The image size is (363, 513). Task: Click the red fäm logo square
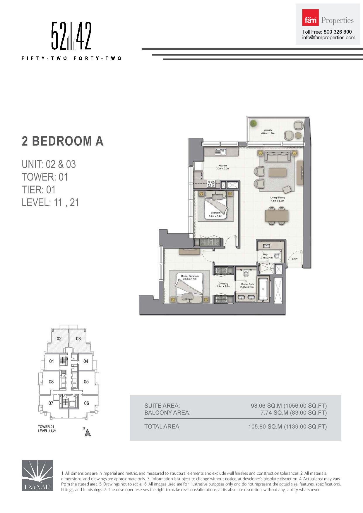click(x=310, y=18)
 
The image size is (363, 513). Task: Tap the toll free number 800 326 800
click(x=338, y=32)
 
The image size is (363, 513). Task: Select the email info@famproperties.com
click(x=329, y=37)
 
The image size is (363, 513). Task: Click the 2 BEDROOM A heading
click(x=63, y=141)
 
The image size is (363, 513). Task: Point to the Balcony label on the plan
click(x=268, y=130)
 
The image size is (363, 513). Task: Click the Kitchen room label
click(x=223, y=166)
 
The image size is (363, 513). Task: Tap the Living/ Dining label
click(x=278, y=197)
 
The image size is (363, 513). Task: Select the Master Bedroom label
click(x=190, y=276)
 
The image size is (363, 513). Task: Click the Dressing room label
click(x=223, y=283)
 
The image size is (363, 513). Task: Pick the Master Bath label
click(x=247, y=284)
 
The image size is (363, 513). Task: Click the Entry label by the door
click(x=294, y=259)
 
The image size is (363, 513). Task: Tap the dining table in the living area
click(x=277, y=216)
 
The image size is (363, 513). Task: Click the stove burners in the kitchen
click(x=211, y=184)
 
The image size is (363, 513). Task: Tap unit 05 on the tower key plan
click(x=86, y=381)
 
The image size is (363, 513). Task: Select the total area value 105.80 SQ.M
click(x=265, y=426)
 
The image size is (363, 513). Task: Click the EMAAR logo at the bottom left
click(x=37, y=475)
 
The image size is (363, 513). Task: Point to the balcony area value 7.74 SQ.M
click(x=274, y=413)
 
